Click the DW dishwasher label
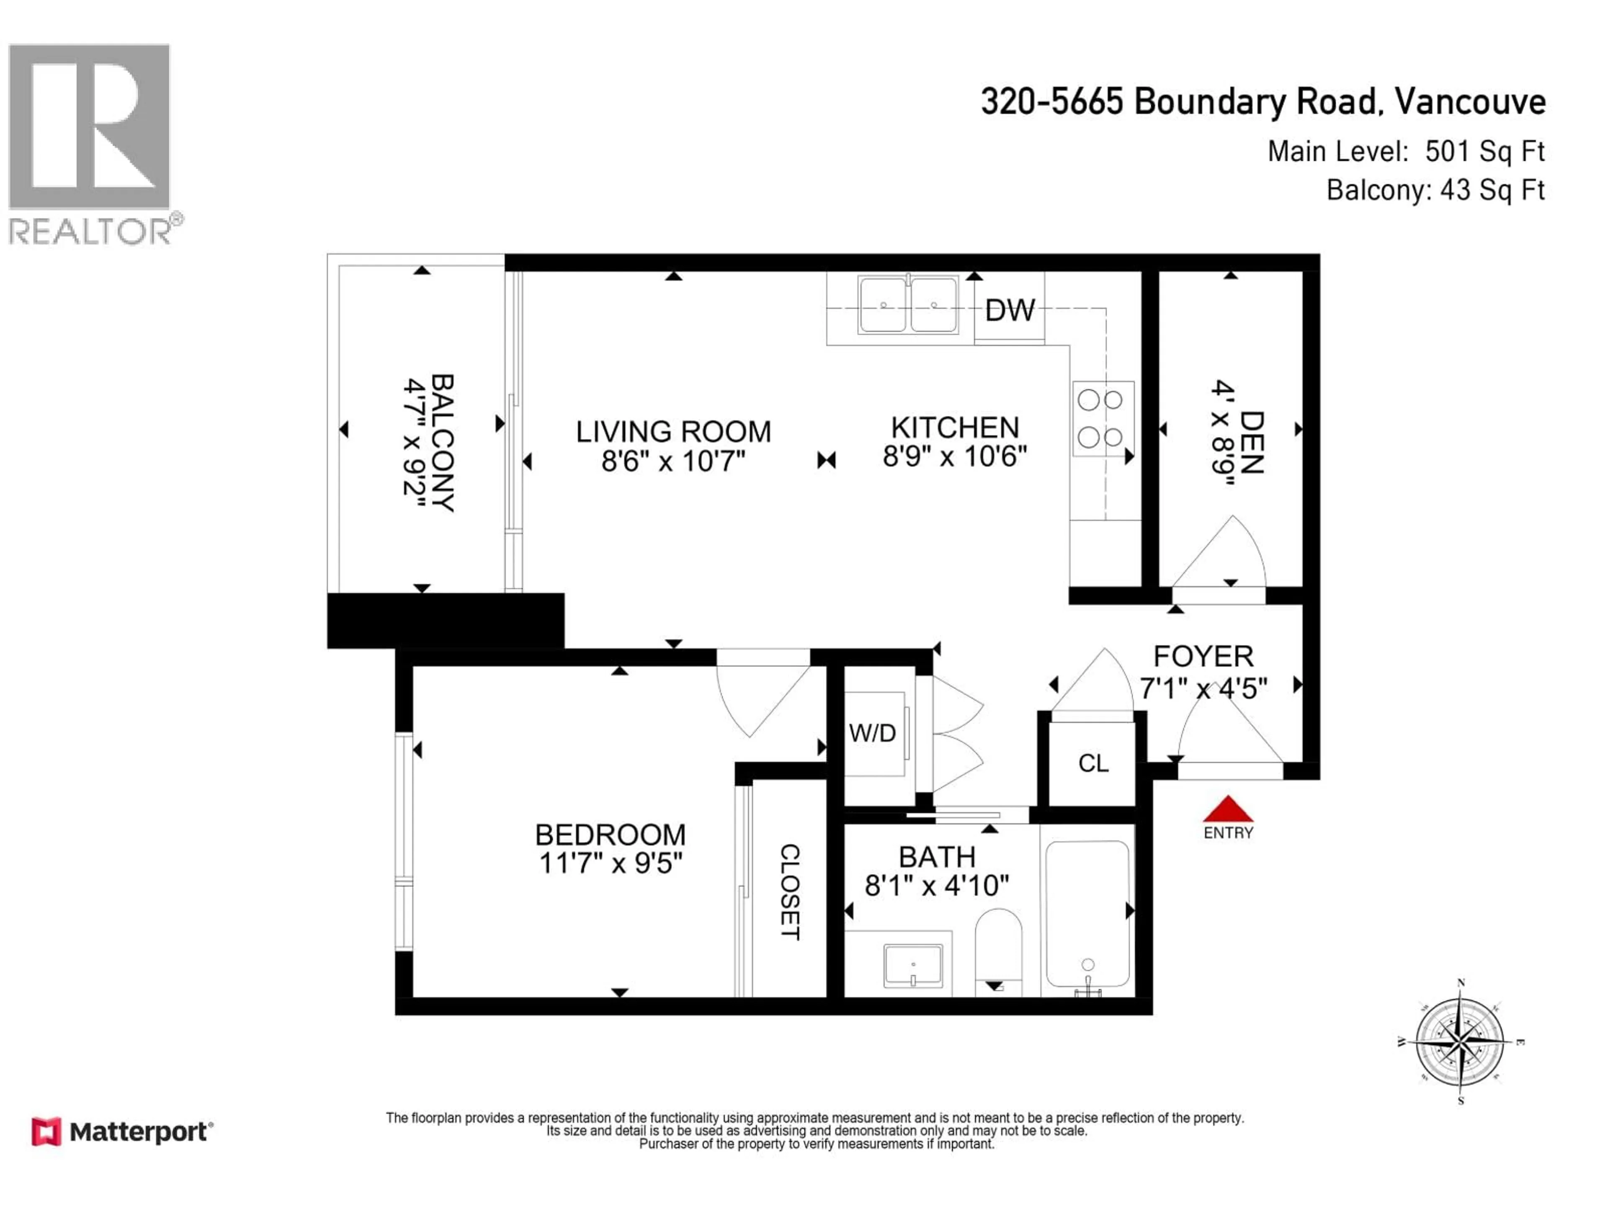[x=1009, y=310]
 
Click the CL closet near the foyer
[x=1093, y=763]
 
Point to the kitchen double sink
[x=907, y=304]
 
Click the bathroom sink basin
[x=913, y=965]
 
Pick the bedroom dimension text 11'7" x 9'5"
[x=611, y=863]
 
